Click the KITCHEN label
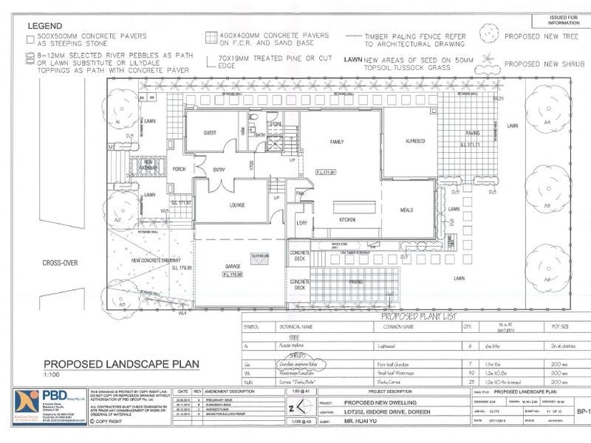346,220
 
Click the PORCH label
179,169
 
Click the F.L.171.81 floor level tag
326,173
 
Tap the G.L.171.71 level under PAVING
471,145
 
